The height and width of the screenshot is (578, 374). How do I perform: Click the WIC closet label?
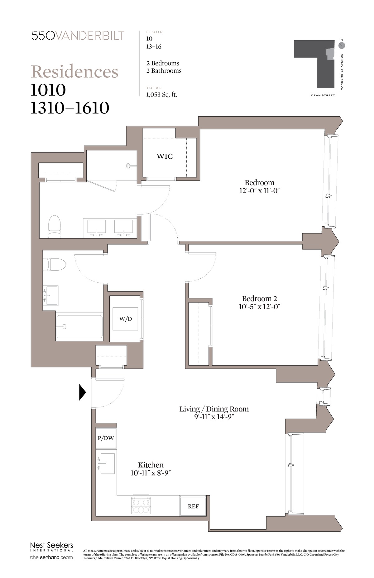[165, 156]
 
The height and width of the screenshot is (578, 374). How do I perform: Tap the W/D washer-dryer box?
[125, 319]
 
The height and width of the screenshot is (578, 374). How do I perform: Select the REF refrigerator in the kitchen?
[193, 506]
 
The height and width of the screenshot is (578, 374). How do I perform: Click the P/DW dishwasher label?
[106, 438]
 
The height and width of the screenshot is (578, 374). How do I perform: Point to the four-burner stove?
[141, 505]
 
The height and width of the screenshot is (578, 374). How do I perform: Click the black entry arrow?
[82, 392]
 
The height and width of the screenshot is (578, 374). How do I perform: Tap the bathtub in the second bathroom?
[79, 327]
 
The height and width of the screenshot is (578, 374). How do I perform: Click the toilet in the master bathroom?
[55, 227]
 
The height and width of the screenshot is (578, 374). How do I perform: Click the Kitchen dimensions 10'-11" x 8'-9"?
[151, 473]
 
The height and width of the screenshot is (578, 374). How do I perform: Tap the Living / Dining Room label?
[214, 409]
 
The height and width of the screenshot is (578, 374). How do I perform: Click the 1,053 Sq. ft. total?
[161, 94]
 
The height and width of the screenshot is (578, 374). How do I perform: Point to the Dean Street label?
[323, 95]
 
